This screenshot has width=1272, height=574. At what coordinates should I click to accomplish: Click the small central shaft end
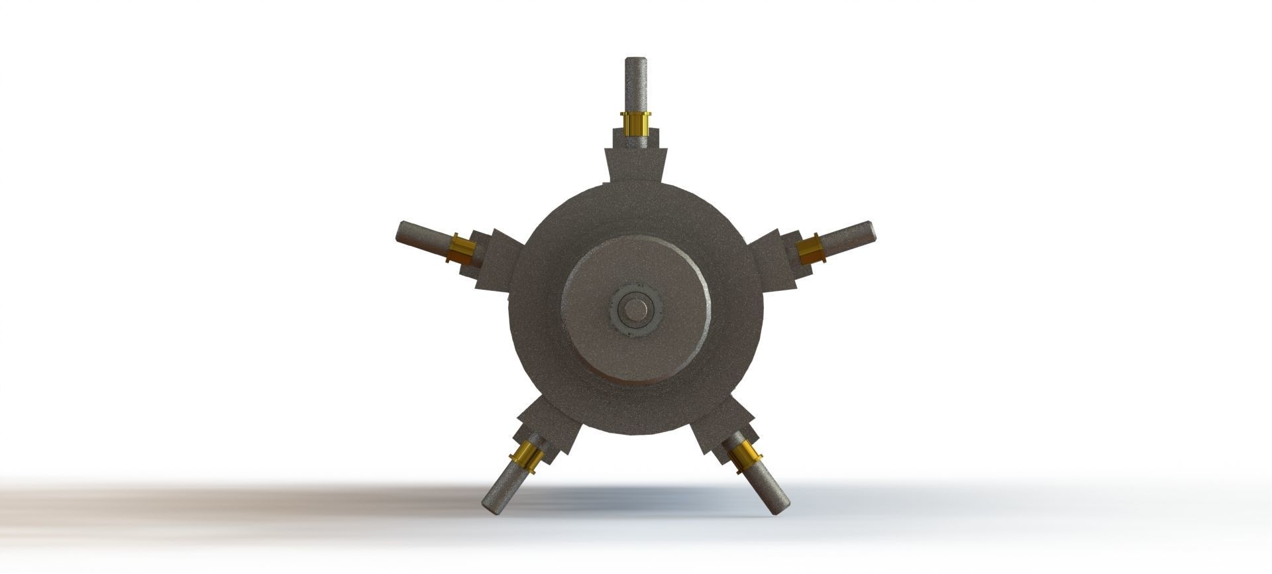pyautogui.click(x=636, y=310)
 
